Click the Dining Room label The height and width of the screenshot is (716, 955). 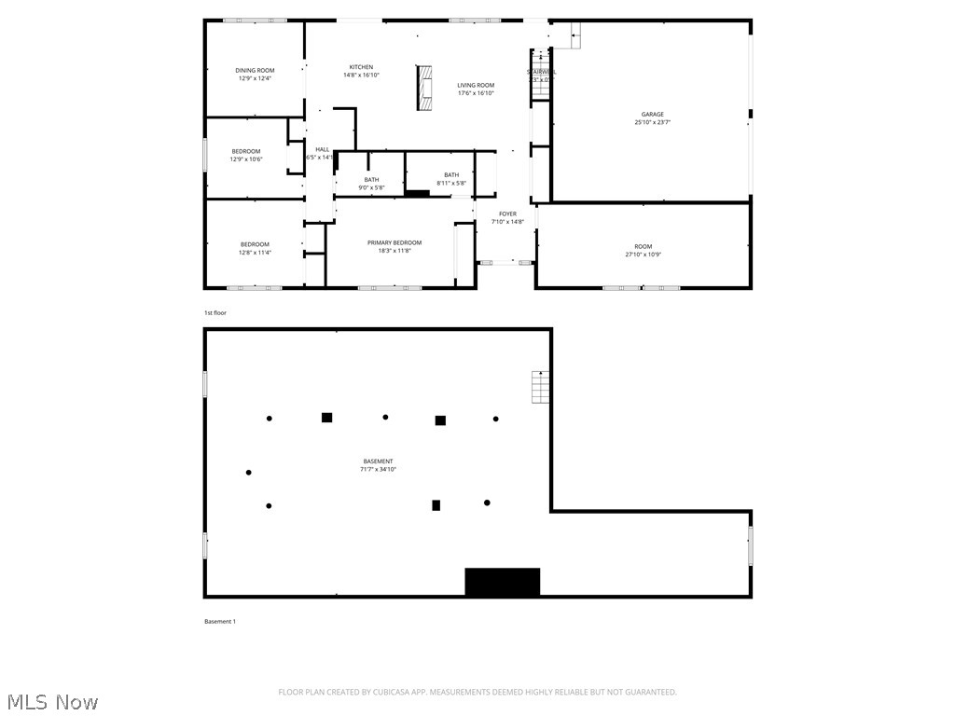tap(255, 74)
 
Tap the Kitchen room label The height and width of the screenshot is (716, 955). tap(361, 71)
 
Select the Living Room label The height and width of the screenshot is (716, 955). tap(476, 89)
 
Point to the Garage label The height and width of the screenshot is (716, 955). tap(652, 118)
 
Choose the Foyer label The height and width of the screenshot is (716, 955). tap(507, 217)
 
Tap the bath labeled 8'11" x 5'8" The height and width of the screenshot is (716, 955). tap(451, 179)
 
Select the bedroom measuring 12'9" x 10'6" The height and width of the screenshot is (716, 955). tap(246, 155)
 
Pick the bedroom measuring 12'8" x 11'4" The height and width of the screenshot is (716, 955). tap(255, 248)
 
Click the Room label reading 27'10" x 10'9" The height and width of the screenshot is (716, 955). tap(644, 250)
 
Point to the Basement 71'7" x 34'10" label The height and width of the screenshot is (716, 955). tap(378, 465)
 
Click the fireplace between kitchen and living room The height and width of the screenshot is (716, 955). tap(425, 89)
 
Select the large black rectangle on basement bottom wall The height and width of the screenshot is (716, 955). tap(503, 582)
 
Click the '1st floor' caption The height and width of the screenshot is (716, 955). tap(215, 313)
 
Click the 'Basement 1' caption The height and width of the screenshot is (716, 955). tap(220, 622)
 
